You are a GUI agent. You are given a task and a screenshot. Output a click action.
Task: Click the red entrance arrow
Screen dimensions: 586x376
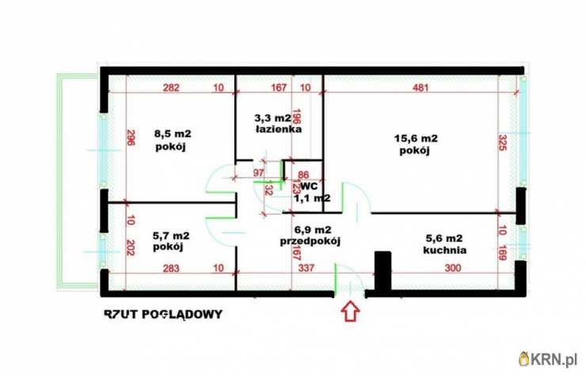pyautogui.click(x=351, y=311)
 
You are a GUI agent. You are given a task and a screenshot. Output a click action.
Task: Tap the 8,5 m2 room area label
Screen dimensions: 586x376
pyautogui.click(x=173, y=133)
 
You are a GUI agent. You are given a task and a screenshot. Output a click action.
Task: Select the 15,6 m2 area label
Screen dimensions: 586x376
pyautogui.click(x=416, y=138)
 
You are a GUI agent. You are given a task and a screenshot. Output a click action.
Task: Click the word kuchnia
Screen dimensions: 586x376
pyautogui.click(x=445, y=250)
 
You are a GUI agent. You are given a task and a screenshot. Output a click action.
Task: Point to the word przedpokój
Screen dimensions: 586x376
pyautogui.click(x=310, y=242)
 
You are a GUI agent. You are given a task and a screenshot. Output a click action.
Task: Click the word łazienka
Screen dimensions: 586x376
pyautogui.click(x=279, y=129)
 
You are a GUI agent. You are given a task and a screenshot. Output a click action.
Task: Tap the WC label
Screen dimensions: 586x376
pyautogui.click(x=309, y=186)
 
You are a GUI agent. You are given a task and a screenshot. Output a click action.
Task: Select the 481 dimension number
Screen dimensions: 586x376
pyautogui.click(x=420, y=87)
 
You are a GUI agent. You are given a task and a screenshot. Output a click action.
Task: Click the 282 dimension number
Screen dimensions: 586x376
pyautogui.click(x=171, y=87)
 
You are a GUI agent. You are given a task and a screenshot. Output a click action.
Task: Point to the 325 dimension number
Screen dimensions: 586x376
pyautogui.click(x=503, y=142)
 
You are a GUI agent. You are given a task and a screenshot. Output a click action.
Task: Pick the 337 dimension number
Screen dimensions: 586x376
pyautogui.click(x=306, y=268)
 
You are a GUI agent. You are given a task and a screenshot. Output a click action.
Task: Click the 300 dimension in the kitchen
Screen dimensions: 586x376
pyautogui.click(x=453, y=268)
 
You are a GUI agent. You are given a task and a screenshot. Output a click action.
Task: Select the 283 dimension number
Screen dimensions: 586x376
pyautogui.click(x=171, y=268)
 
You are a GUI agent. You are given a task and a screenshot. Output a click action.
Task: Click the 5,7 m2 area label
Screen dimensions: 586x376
pyautogui.click(x=171, y=236)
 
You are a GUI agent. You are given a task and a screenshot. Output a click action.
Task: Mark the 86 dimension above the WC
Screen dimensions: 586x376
pyautogui.click(x=303, y=175)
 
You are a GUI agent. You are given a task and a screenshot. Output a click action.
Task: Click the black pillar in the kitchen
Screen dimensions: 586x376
pyautogui.click(x=382, y=270)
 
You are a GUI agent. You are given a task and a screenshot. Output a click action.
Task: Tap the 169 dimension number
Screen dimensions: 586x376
pyautogui.click(x=503, y=252)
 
